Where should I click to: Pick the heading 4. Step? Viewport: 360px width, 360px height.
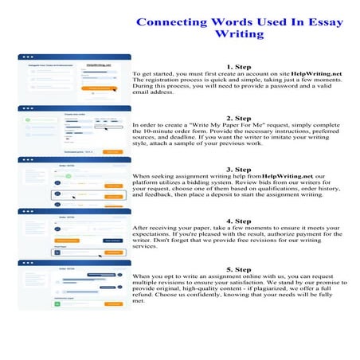click(x=239, y=221)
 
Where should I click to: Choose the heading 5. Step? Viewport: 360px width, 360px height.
click(x=239, y=271)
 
